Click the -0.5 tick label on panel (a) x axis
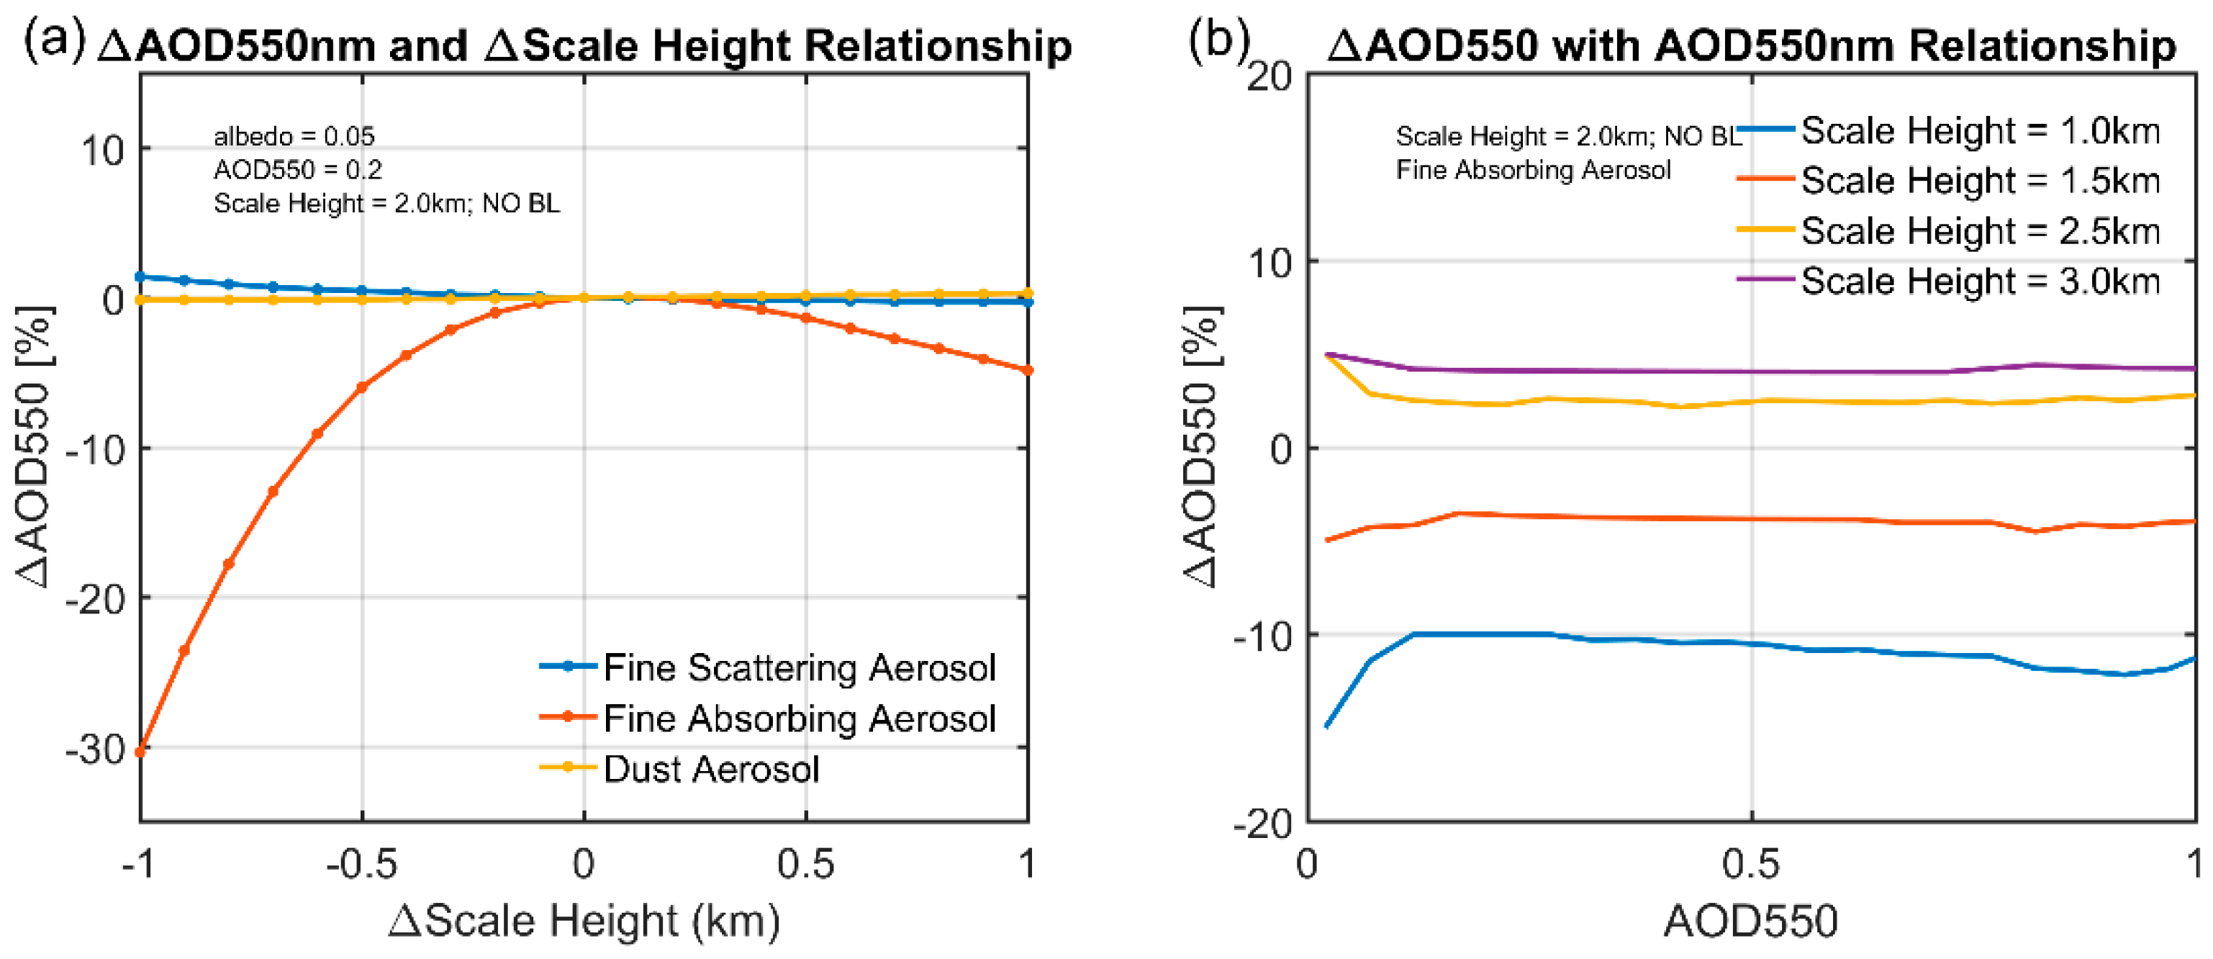click(362, 864)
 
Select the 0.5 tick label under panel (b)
click(1750, 864)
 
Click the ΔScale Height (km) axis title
click(584, 921)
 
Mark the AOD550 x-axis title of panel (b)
click(1750, 921)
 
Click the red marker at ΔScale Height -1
click(140, 752)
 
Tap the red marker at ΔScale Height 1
click(1028, 370)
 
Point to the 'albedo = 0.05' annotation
click(294, 136)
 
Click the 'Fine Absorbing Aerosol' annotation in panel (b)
click(1533, 170)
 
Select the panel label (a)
click(53, 41)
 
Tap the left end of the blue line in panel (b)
click(1326, 726)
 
